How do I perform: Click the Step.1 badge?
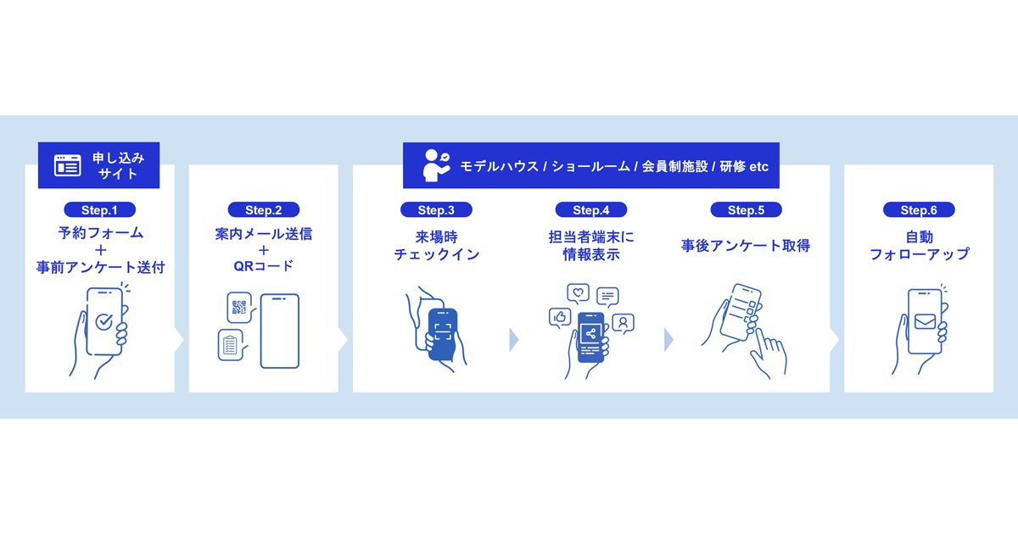tap(99, 210)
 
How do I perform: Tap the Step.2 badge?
tap(264, 210)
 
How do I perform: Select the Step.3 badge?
tap(436, 210)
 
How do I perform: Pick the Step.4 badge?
tap(590, 210)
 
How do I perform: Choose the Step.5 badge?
tap(746, 210)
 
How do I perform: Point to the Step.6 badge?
tap(919, 210)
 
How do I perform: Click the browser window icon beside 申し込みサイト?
tap(68, 165)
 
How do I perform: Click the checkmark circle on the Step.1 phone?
tap(104, 322)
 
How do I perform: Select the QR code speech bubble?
tap(239, 308)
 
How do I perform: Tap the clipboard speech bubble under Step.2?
tap(232, 345)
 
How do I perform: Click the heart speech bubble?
tap(578, 294)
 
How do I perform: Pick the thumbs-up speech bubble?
tap(560, 317)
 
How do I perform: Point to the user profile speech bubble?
tap(623, 323)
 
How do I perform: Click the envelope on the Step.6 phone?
tap(925, 321)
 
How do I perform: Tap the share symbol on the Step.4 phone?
tap(590, 334)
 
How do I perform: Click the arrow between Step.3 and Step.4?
tap(514, 340)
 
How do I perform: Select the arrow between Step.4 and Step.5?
tap(669, 340)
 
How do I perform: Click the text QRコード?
tap(264, 266)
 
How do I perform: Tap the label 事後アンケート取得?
tap(746, 246)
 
